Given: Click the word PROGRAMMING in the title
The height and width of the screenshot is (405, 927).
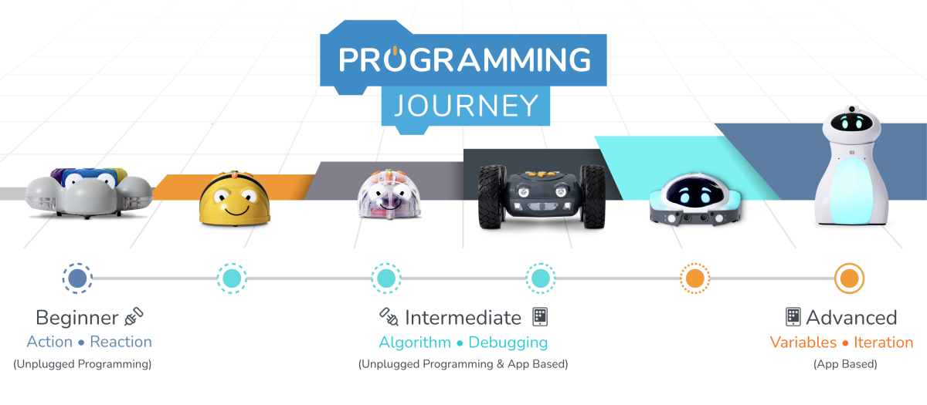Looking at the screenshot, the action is click(x=465, y=59).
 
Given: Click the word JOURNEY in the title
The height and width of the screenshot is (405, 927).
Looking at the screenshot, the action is click(x=467, y=106).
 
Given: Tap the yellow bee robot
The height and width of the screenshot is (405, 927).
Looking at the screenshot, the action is click(x=235, y=199).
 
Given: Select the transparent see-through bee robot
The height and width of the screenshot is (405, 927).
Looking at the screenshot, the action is click(x=389, y=194).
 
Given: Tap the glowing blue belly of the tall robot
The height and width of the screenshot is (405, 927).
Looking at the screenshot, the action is click(x=852, y=189).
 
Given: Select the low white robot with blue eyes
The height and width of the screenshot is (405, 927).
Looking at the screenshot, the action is click(x=695, y=199).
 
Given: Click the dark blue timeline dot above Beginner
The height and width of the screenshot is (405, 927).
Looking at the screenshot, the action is click(x=77, y=278).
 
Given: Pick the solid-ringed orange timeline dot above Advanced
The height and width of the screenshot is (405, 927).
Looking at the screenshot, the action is click(x=849, y=278).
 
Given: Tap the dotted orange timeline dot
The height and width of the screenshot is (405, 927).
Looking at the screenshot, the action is click(x=694, y=278).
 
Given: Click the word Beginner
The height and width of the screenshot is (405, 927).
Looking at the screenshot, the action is click(x=77, y=318).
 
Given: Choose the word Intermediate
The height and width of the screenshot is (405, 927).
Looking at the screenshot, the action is click(x=463, y=318).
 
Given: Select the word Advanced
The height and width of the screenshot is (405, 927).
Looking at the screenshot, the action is click(x=851, y=318).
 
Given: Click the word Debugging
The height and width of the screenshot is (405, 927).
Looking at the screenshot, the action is click(x=508, y=343).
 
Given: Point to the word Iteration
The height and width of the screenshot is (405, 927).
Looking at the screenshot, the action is click(x=884, y=343).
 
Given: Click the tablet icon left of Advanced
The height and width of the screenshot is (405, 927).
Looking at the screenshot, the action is click(x=793, y=317).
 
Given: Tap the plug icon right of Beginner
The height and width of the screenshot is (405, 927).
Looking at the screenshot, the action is click(x=134, y=316).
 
